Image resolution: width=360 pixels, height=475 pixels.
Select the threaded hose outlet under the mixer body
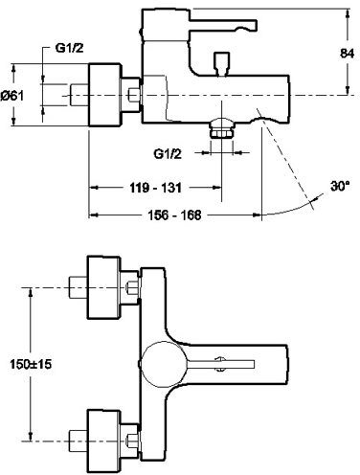223,132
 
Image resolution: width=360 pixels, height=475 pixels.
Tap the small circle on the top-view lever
219,362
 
